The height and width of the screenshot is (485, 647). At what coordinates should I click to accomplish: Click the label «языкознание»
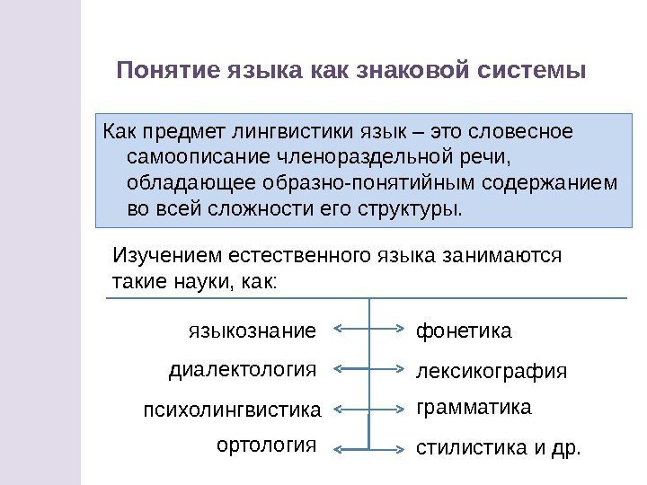[253, 331]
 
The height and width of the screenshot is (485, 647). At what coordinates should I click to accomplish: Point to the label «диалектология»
[244, 369]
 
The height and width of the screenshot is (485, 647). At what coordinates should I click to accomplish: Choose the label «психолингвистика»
[232, 410]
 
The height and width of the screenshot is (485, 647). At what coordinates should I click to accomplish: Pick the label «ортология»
[268, 444]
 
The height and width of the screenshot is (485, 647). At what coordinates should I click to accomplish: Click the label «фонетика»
[463, 331]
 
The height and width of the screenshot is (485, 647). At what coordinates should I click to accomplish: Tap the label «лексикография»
[492, 371]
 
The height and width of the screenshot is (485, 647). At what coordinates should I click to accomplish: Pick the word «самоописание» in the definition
[185, 159]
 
